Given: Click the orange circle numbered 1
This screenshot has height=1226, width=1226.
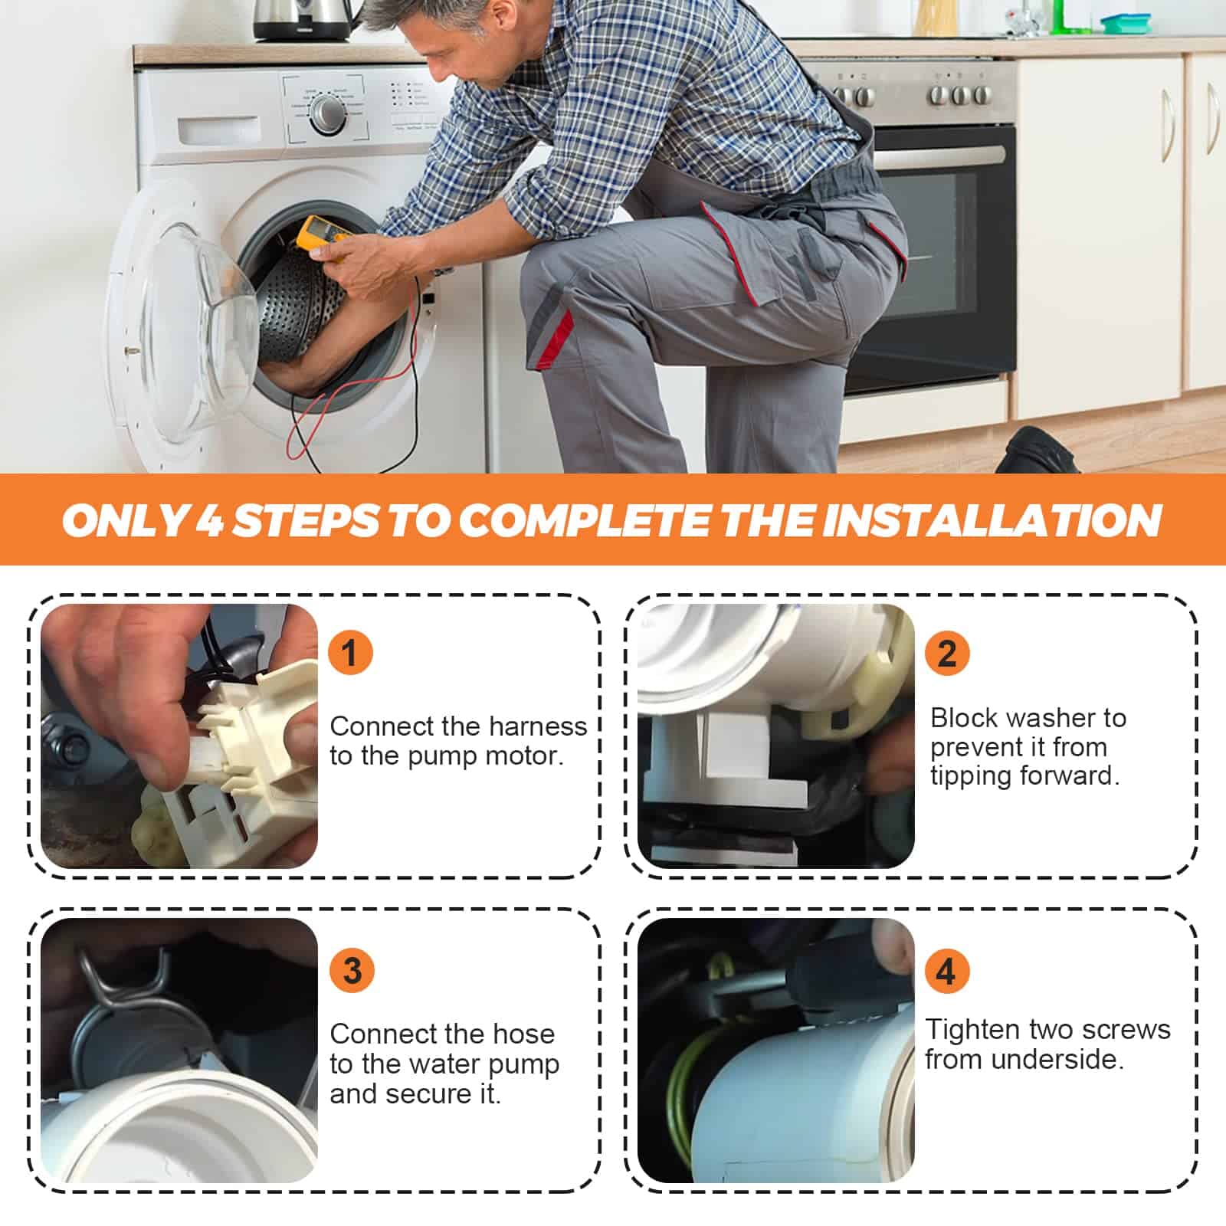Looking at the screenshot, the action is point(350,653).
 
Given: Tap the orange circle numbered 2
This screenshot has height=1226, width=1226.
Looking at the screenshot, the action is point(947,653).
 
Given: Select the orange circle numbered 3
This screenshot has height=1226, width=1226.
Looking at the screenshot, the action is point(352,970).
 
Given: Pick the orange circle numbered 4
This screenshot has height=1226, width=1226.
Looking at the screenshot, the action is point(946,970).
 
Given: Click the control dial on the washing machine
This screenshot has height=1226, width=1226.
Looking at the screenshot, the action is point(328,114).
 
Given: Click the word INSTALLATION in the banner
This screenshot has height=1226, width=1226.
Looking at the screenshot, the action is point(993,520).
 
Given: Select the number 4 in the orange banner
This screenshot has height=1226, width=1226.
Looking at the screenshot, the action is point(209,521).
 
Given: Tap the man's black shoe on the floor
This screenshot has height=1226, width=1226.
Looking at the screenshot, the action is point(1038,451).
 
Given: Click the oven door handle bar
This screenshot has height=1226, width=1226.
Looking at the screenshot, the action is point(939,156).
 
